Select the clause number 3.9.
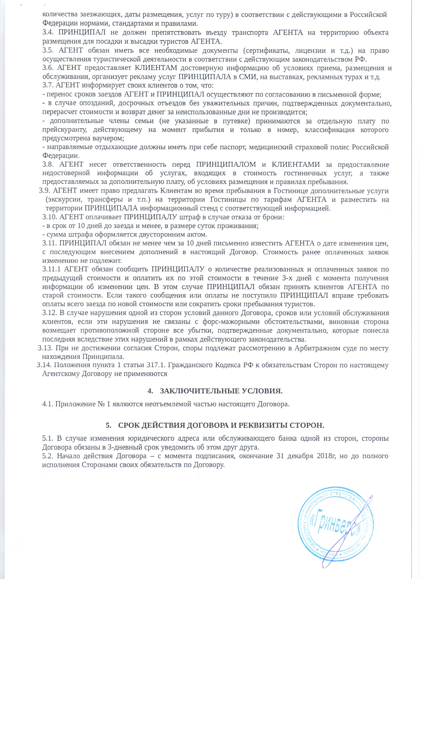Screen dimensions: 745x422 [45, 191]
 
